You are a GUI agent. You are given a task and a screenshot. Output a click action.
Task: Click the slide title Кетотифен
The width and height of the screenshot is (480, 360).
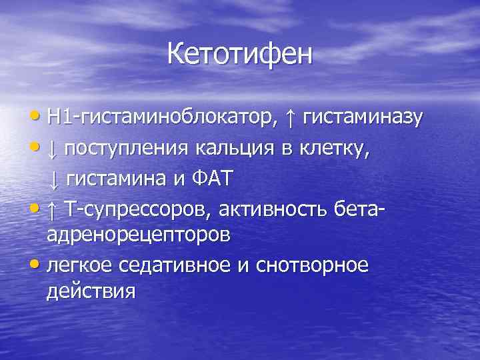(239, 54)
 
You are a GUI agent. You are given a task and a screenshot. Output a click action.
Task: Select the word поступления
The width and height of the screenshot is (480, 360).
(127, 148)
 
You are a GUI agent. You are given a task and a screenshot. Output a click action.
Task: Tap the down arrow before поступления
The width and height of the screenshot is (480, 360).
(53, 148)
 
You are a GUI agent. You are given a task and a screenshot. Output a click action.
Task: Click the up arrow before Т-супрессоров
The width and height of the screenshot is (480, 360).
(53, 209)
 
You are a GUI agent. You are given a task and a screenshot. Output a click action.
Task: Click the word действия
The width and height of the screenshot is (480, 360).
(91, 291)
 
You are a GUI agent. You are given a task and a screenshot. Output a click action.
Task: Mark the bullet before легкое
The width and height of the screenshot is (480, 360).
(39, 265)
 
